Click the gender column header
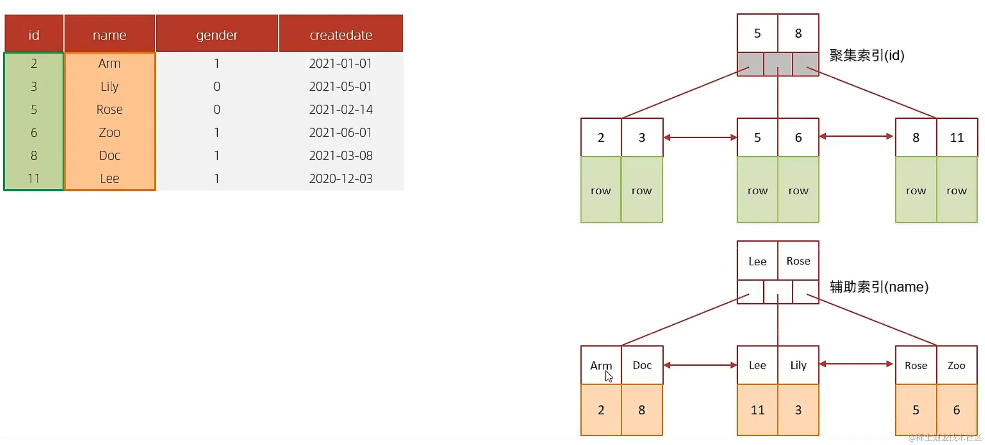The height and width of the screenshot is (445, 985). pos(217,35)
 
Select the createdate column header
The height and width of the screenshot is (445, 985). pos(341,35)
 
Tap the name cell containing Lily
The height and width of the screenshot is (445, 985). pos(110,87)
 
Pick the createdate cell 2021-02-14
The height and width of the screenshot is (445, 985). pos(341,110)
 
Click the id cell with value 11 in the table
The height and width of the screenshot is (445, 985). pos(34,179)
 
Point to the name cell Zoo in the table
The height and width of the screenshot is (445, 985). pos(110,133)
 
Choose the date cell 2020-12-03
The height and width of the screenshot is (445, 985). pos(341,179)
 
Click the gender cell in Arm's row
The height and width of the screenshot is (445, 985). pos(217,64)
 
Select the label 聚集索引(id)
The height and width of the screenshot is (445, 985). pos(866,55)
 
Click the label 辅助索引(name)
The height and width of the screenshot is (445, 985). pos(878,287)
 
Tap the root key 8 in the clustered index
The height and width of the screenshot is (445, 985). pos(798,33)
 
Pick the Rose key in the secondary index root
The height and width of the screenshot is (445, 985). pos(798,261)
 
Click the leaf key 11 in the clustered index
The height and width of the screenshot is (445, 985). pos(957,138)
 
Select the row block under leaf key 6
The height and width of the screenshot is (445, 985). pos(798,190)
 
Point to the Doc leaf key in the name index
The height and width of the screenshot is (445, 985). pos(642,365)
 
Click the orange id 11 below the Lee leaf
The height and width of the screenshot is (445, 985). pos(757,410)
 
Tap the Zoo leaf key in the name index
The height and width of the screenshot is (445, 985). pos(956,365)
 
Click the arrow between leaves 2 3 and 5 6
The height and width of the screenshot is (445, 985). pos(700,137)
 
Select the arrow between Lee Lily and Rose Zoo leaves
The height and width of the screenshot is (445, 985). pos(856,364)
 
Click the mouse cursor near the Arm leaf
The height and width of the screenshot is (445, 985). pos(609,376)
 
